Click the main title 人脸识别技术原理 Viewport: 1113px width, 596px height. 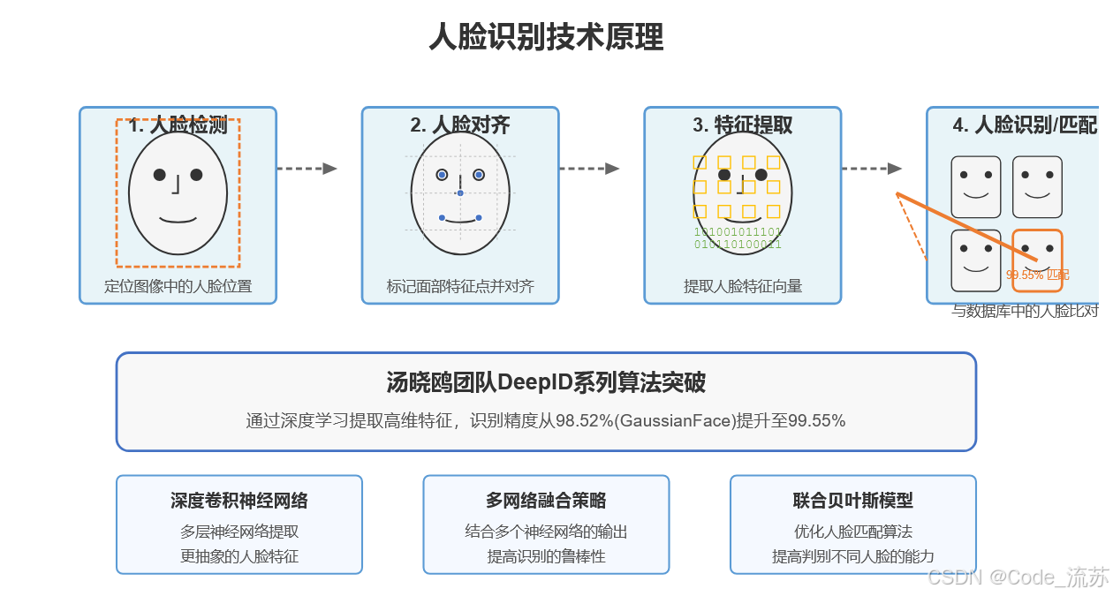coord(546,38)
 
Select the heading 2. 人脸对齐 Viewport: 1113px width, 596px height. coord(459,125)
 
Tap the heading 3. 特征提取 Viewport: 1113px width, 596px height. coord(742,125)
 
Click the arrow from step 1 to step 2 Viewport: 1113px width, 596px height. coord(307,169)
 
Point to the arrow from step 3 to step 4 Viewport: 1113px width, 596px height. coord(871,169)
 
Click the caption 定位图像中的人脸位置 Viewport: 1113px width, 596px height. coord(178,286)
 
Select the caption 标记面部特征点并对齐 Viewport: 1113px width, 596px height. coord(460,286)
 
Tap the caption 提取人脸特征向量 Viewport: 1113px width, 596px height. coord(743,286)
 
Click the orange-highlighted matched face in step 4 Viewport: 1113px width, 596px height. coord(1037,260)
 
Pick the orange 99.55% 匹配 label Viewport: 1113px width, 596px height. coord(1037,275)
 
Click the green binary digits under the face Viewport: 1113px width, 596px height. coord(738,238)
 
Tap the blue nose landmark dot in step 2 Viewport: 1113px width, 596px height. coord(460,192)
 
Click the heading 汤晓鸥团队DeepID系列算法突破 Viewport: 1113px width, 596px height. coord(546,382)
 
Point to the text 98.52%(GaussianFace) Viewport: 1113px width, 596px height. coord(646,421)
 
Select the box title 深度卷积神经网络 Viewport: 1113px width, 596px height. coord(239,501)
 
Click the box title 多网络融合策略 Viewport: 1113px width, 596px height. coord(546,501)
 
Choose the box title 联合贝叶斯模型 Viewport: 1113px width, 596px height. coord(853,501)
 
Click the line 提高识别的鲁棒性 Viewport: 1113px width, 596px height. coord(546,556)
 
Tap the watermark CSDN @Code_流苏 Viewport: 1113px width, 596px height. coord(1018,577)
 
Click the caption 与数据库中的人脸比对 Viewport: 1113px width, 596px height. coord(1025,311)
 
